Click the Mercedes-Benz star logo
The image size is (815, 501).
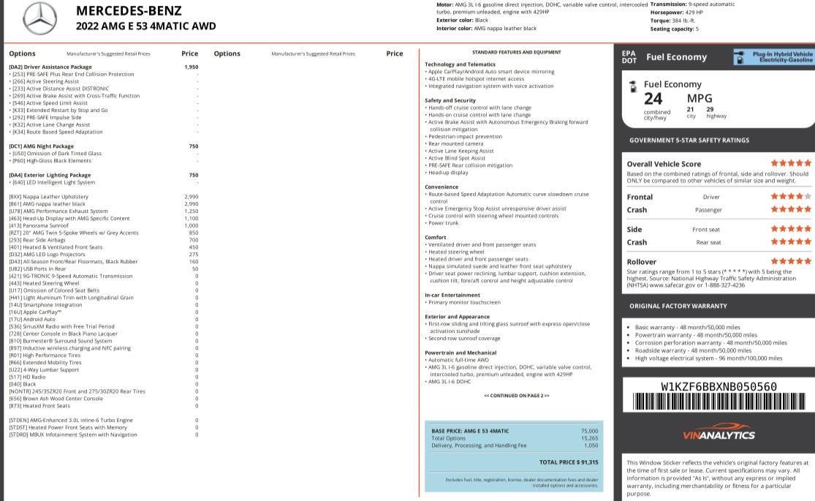coord(39,19)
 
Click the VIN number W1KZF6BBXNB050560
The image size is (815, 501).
coord(719,387)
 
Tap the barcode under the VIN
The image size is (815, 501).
coord(719,402)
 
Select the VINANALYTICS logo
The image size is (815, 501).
coord(719,435)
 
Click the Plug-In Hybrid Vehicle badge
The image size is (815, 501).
coord(773,57)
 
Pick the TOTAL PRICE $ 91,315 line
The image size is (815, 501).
coord(569,462)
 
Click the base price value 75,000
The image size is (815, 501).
coord(589,431)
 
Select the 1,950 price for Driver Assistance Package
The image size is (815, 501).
coord(191,67)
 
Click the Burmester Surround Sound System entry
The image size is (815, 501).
coord(61,341)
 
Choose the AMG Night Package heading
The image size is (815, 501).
coord(42,146)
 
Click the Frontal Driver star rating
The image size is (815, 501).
coord(791,197)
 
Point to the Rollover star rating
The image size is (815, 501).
coord(791,261)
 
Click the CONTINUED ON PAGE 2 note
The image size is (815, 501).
coord(516,396)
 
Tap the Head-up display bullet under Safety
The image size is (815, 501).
coord(448,173)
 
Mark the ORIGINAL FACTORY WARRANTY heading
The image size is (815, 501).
coord(678,306)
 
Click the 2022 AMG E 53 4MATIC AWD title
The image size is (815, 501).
coord(146,26)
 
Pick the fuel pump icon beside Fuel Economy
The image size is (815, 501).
coord(633,86)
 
